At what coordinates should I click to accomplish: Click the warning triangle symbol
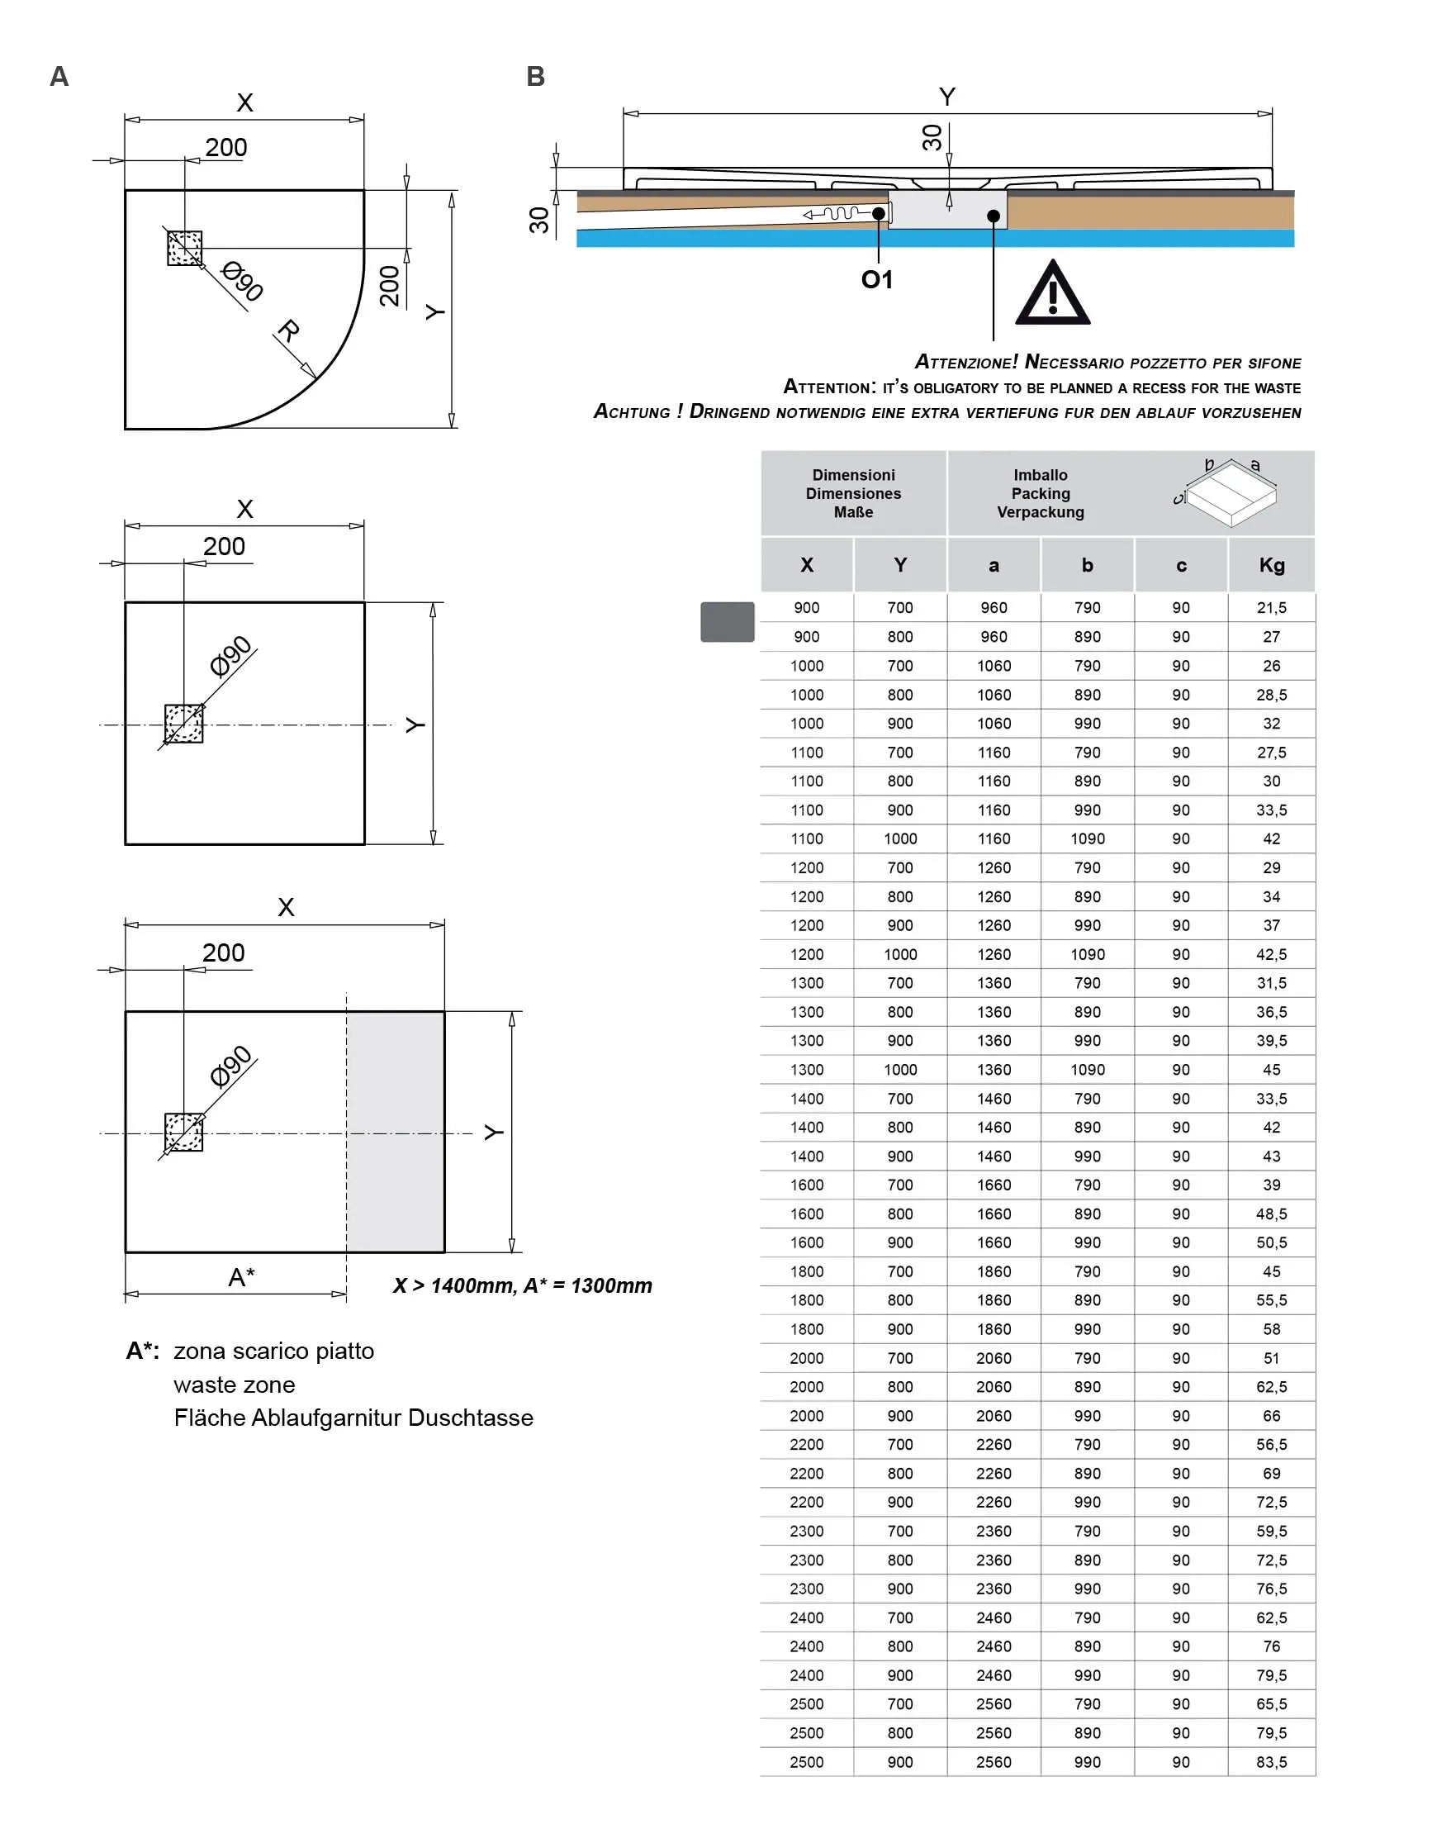point(1052,296)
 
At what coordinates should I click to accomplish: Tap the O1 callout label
point(877,279)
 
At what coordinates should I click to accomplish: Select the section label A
point(59,77)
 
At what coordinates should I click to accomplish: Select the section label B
point(535,77)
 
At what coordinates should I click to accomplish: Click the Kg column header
point(1272,565)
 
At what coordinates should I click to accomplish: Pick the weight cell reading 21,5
point(1272,607)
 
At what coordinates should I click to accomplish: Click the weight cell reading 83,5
point(1272,1762)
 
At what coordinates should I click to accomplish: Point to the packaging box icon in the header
point(1228,494)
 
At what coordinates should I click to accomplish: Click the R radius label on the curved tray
point(288,330)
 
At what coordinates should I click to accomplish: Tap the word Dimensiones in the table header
point(853,494)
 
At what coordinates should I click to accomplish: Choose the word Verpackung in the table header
point(1041,512)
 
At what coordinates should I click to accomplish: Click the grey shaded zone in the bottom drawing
point(396,1131)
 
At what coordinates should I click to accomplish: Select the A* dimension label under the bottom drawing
point(241,1277)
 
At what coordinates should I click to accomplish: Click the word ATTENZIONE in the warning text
point(966,362)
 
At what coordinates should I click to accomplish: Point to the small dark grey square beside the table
point(727,622)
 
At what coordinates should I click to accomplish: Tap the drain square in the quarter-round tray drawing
point(185,248)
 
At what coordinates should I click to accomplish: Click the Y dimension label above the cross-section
point(946,97)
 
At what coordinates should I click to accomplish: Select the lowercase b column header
point(1088,565)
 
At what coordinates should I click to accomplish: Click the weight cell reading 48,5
point(1272,1214)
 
